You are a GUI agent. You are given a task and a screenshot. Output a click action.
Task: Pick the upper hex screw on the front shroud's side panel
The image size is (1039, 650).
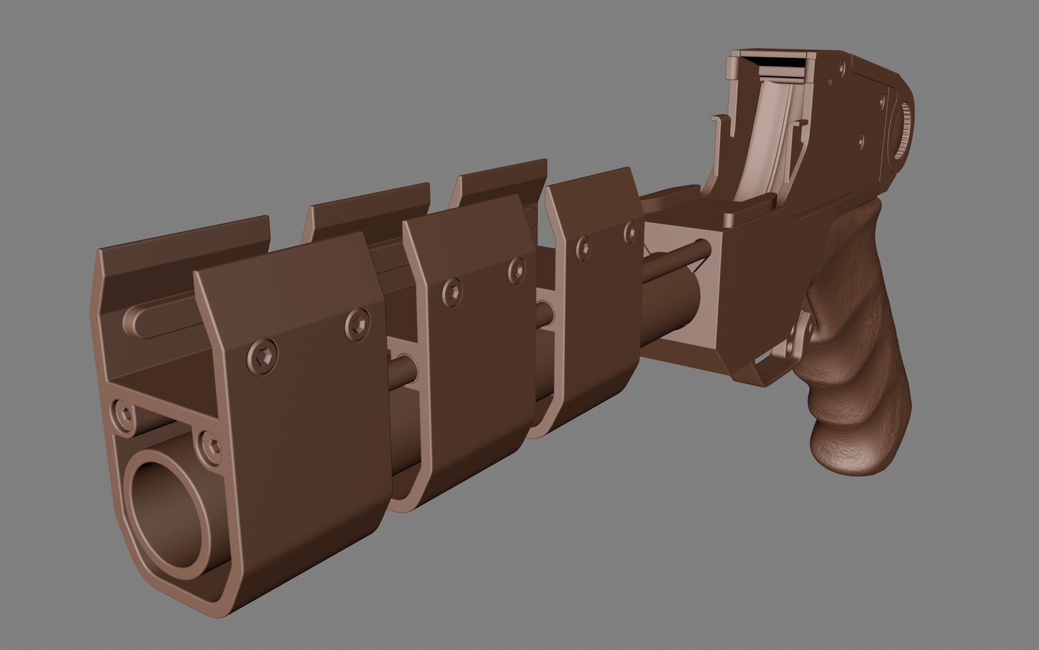(x=357, y=323)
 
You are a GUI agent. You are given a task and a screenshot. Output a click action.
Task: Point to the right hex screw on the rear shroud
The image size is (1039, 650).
(x=630, y=231)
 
